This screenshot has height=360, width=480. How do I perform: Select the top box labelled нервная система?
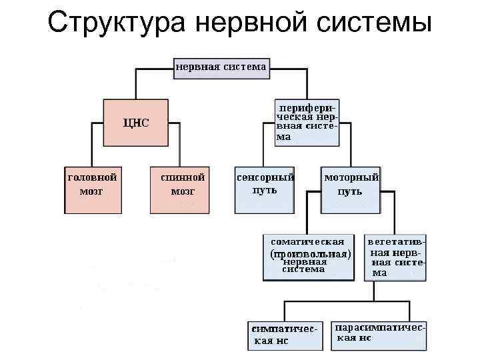pyautogui.click(x=221, y=67)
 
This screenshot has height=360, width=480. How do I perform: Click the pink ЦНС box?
pyautogui.click(x=136, y=123)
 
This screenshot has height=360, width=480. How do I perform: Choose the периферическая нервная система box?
pyautogui.click(x=307, y=122)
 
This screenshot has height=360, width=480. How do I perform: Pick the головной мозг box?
pyautogui.click(x=93, y=190)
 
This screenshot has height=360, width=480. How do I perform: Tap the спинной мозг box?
pyautogui.click(x=179, y=190)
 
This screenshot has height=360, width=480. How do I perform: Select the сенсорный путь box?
pyautogui.click(x=265, y=190)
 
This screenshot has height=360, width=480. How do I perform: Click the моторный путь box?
pyautogui.click(x=351, y=190)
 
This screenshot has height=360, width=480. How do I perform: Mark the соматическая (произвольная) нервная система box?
pyautogui.click(x=307, y=256)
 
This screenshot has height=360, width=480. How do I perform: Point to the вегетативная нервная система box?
pyautogui.click(x=395, y=256)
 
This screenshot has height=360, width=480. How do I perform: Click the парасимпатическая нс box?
pyautogui.click(x=378, y=335)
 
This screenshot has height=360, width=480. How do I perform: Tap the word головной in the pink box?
pyautogui.click(x=93, y=179)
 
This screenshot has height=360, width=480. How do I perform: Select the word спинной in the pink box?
pyautogui.click(x=182, y=179)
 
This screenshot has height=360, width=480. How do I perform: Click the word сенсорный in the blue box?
pyautogui.click(x=265, y=179)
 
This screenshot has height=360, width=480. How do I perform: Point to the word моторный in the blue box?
pyautogui.click(x=351, y=179)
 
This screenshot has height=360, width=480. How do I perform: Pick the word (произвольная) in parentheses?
pyautogui.click(x=310, y=254)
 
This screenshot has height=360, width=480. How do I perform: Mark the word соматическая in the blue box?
pyautogui.click(x=307, y=242)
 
